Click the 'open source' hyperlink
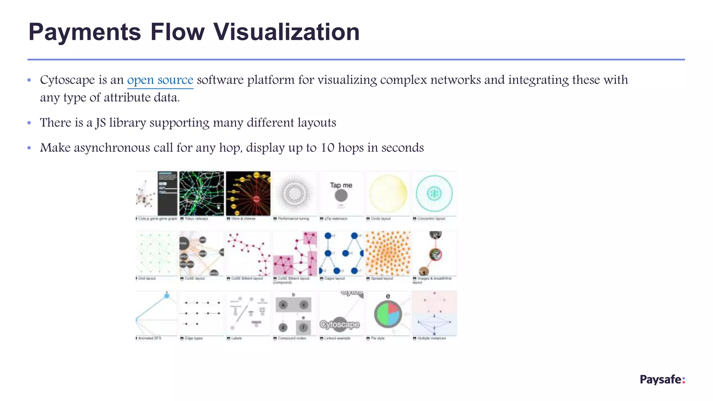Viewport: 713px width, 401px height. [x=160, y=80]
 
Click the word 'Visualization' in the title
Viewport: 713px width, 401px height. [x=286, y=32]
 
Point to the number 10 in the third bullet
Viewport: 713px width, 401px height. [x=327, y=148]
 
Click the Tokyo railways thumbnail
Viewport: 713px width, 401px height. [x=202, y=194]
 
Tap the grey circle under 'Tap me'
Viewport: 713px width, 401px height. [x=341, y=196]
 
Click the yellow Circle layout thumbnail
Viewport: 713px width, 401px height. [x=388, y=194]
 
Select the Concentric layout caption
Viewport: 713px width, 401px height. [x=431, y=219]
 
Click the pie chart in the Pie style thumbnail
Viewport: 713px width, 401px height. [x=388, y=314]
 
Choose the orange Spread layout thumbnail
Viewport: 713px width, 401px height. [x=388, y=253]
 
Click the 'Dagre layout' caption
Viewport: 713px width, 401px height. [x=334, y=278]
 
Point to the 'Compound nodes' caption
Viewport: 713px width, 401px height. [x=292, y=338]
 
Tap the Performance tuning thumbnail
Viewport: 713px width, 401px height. [x=295, y=194]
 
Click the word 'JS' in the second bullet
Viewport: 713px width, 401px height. [x=101, y=123]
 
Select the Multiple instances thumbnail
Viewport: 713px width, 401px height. [x=434, y=313]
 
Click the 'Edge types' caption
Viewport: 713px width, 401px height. [x=194, y=338]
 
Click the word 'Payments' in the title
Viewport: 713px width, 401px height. [x=85, y=32]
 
